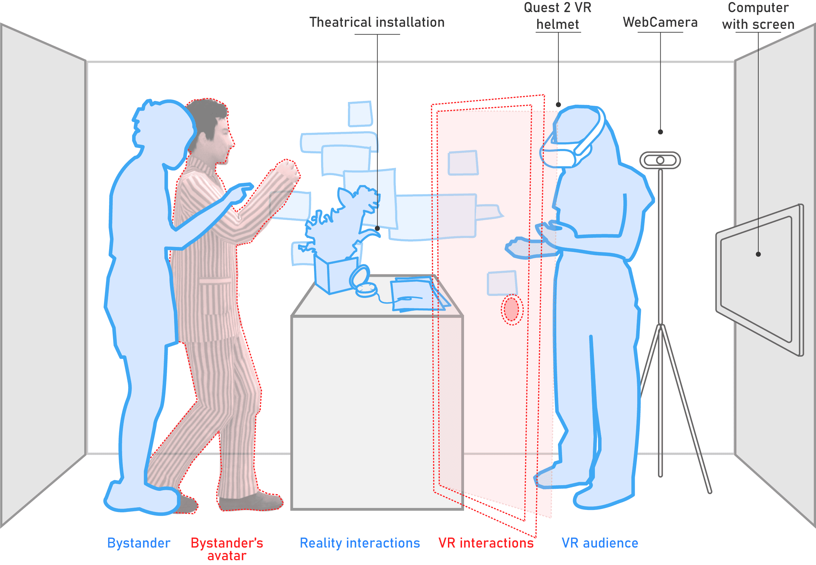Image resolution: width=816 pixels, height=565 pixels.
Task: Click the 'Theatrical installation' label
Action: click(x=377, y=22)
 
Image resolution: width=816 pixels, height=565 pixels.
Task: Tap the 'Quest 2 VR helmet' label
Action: click(x=558, y=16)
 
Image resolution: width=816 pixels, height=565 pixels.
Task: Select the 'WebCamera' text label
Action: click(x=660, y=22)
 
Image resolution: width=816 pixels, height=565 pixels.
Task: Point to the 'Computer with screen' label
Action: click(x=758, y=16)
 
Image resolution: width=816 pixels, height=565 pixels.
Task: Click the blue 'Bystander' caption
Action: click(x=139, y=543)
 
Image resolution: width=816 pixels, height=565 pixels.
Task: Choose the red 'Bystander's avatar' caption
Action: click(x=226, y=548)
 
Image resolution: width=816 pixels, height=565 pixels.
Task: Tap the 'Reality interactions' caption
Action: click(x=360, y=543)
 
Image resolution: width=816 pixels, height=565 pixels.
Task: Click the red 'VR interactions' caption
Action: click(x=486, y=543)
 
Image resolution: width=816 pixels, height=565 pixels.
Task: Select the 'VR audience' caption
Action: click(x=600, y=543)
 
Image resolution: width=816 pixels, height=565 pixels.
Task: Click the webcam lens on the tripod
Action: click(x=660, y=160)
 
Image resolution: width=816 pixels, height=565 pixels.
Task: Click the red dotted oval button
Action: click(x=512, y=309)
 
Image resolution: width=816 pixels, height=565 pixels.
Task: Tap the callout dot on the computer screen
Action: click(x=758, y=254)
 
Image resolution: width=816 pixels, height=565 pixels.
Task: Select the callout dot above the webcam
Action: click(x=660, y=132)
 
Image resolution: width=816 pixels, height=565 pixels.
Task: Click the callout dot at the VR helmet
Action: click(x=558, y=104)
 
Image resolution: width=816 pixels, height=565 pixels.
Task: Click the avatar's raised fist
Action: click(x=288, y=169)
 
